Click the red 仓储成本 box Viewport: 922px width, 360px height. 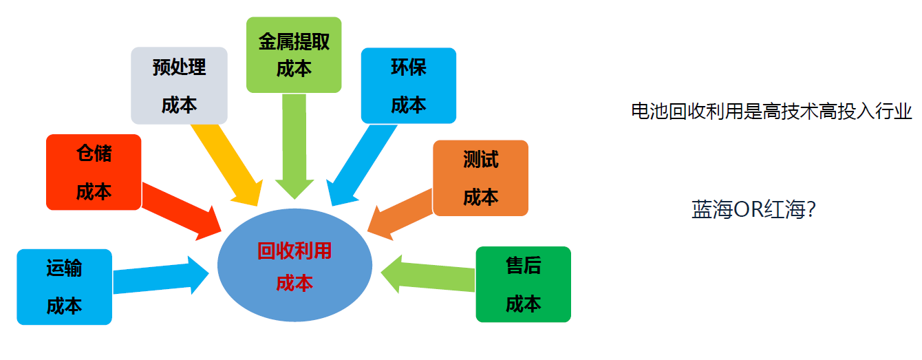tap(94, 172)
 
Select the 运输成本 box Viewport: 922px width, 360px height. tap(64, 286)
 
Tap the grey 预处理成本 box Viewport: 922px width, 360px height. tap(179, 85)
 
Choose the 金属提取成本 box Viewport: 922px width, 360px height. tap(294, 55)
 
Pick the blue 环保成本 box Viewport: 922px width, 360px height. tap(408, 85)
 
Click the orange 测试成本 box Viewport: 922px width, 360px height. tap(480, 178)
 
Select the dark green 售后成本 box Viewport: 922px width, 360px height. tap(523, 284)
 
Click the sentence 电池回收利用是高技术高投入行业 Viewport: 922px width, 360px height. tap(771, 112)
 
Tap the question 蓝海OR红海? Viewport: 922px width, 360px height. tap(753, 210)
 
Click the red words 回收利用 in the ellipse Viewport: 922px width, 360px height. tap(294, 251)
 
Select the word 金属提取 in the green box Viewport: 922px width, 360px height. tap(294, 43)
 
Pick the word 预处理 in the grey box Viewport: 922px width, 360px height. tap(179, 67)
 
